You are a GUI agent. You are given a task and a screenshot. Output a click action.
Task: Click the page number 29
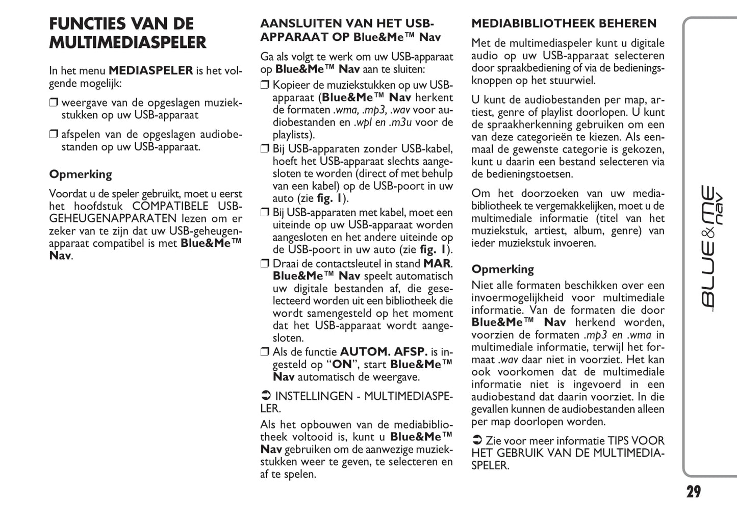coord(693,492)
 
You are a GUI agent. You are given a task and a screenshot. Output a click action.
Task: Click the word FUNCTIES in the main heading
coord(87,24)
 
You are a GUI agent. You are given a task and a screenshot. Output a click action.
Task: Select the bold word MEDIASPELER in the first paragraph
coord(151,70)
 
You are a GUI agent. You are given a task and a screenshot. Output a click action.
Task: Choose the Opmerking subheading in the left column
coord(81,174)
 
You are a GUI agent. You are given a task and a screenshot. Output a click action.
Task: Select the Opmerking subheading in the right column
coord(502,269)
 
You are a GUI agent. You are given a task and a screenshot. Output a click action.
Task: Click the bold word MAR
coord(437,264)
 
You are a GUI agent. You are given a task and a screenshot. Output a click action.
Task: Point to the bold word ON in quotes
coord(342,365)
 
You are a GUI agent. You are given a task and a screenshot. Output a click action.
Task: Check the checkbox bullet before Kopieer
coord(265,85)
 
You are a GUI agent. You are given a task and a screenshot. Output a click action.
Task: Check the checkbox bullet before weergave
coord(54,103)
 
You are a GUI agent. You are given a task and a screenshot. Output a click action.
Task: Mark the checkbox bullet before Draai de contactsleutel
coord(265,264)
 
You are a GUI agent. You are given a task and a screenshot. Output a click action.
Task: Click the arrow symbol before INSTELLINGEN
coord(265,396)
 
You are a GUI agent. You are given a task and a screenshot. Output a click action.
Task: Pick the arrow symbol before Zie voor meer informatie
coord(476,441)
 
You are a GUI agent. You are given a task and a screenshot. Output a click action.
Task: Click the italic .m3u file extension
coord(400,122)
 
